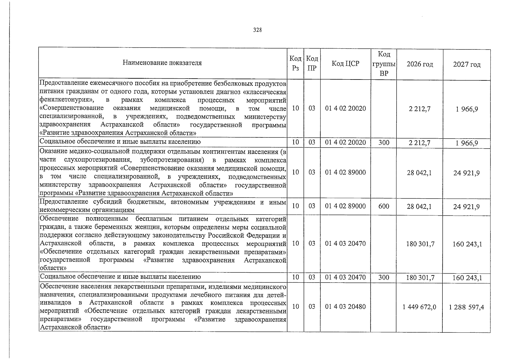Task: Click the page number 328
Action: pyautogui.click(x=257, y=30)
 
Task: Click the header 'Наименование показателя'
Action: pyautogui.click(x=162, y=63)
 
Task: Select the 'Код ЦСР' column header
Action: pyautogui.click(x=346, y=64)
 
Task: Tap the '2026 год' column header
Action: pyautogui.click(x=420, y=64)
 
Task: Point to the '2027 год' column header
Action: pyautogui.click(x=467, y=64)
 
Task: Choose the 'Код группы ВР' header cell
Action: pyautogui.click(x=384, y=64)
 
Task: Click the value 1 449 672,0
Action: pyautogui.click(x=419, y=307)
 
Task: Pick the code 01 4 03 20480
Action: pyautogui.click(x=346, y=307)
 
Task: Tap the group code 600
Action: pyautogui.click(x=384, y=206)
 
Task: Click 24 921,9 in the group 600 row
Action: pyautogui.click(x=466, y=206)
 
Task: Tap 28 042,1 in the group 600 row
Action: pyautogui.click(x=419, y=206)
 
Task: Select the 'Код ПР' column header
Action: pyautogui.click(x=312, y=64)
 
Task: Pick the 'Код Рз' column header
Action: pyautogui.click(x=295, y=64)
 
